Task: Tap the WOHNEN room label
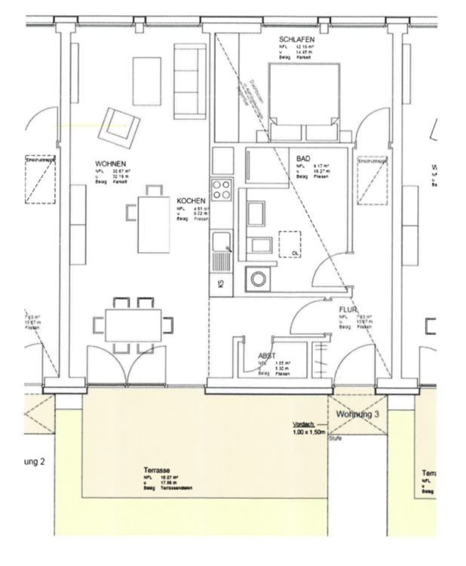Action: click(110, 164)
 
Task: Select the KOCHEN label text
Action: click(190, 201)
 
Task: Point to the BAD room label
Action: click(303, 158)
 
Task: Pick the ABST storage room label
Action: click(266, 355)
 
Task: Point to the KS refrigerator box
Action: click(221, 284)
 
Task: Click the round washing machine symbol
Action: click(259, 278)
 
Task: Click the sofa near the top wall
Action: click(189, 67)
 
